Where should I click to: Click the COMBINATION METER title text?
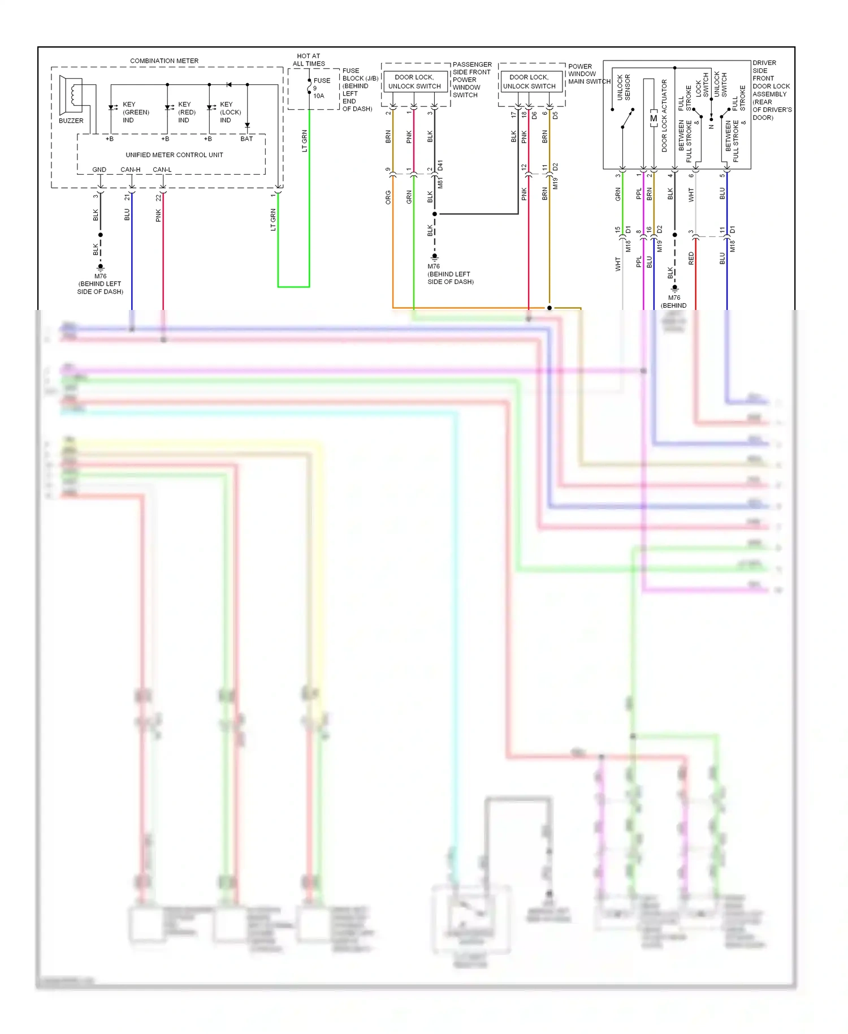point(164,61)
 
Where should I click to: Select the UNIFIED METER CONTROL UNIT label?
point(174,155)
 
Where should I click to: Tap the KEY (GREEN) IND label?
point(136,112)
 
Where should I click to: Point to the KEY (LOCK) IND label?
point(230,112)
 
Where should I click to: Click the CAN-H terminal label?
point(130,170)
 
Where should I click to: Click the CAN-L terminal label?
point(162,170)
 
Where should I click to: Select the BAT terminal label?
point(246,139)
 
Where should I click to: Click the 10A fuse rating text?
point(319,96)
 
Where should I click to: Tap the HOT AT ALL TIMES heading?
point(309,60)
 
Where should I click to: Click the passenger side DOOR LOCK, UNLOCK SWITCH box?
point(414,82)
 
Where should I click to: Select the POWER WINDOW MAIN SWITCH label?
point(588,74)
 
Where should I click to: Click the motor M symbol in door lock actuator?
point(654,119)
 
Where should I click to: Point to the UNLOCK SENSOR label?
point(624,88)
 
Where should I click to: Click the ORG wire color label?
point(388,197)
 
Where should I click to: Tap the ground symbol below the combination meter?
point(101,266)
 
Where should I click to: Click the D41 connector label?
point(440,166)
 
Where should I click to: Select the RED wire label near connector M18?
point(691,258)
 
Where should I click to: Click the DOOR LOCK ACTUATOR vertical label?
point(664,115)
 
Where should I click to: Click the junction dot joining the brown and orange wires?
point(549,308)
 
